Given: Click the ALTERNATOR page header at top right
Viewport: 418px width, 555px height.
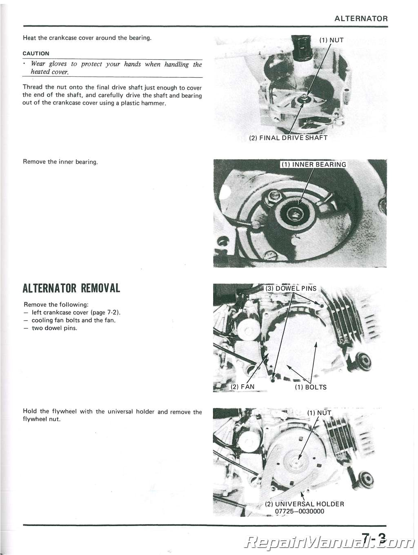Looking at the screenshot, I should coord(361,18).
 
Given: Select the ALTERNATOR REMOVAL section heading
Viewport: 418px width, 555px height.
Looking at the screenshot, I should coord(71,288).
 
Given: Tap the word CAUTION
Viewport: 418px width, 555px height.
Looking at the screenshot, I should coord(36,53).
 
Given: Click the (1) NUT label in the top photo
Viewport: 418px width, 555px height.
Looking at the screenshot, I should coord(331,40).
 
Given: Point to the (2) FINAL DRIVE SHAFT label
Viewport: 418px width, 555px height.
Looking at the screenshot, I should coord(288,138).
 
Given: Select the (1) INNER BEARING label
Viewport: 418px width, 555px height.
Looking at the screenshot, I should coord(313,165).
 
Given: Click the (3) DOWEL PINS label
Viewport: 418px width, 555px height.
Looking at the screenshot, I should coord(291,288).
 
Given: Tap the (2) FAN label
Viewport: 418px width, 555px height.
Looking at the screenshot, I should coord(242,387).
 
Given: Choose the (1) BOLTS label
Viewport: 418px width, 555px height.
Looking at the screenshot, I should coord(311,387).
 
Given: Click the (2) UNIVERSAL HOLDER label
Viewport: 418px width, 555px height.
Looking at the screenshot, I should coord(305,504).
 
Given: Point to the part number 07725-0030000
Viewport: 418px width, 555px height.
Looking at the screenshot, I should coord(300,511).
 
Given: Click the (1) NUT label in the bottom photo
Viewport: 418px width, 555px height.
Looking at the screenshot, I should coord(319,413).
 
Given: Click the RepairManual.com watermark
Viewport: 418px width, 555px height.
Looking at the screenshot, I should coord(327,542).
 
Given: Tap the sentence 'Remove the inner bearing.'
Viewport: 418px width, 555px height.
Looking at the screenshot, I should coord(60,162).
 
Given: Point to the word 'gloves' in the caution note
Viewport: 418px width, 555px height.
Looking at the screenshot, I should coord(58,64).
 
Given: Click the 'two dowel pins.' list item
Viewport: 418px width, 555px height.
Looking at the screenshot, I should coord(54,328).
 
